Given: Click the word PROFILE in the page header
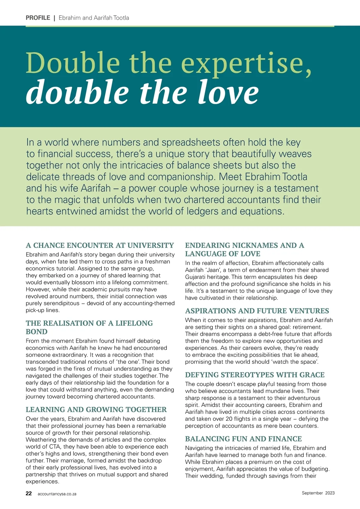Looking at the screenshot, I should pos(38,18).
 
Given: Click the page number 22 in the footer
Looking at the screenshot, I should pos(28,493).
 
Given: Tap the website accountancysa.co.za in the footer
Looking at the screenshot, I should pos(57,494).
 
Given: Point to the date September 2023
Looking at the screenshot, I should pos(318,493).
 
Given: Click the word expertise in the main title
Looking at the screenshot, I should pos(246,64).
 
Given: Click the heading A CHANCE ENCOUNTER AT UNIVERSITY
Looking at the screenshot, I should pos(100,245).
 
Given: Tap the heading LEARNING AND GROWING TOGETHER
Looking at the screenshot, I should pos(96,410).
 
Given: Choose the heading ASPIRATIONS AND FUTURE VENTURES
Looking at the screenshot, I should pos(257,311).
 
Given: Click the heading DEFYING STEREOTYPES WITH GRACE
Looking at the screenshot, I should pos(255,375).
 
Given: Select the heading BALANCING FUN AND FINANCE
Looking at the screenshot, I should pos(243,439).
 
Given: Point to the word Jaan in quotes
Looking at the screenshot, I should pos(214,270).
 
